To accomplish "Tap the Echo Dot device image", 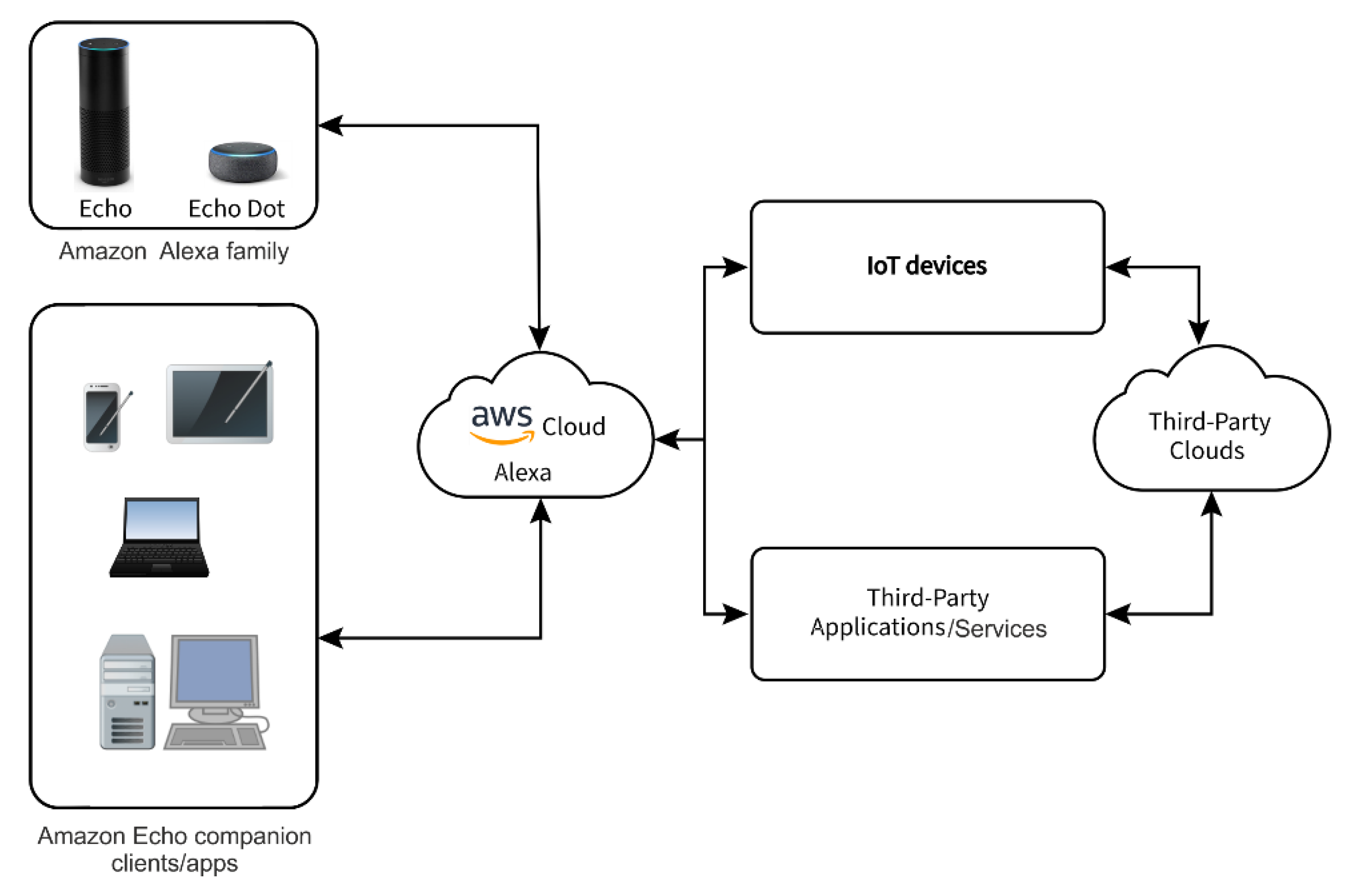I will (x=243, y=162).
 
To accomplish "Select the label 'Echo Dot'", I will (x=236, y=209).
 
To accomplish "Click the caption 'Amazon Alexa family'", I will (x=174, y=251).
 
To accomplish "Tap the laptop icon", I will (x=160, y=538).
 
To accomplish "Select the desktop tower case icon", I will (x=127, y=691).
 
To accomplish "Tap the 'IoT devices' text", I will (x=926, y=266).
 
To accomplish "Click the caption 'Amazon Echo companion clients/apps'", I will (x=174, y=849).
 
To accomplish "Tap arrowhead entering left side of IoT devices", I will (x=736, y=266).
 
